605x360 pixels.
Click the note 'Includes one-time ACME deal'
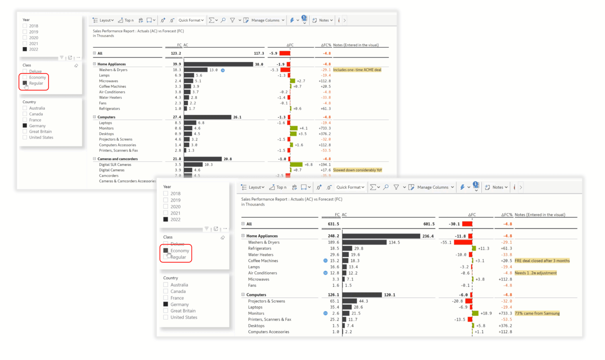(357, 70)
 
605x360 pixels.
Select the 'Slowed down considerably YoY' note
(357, 170)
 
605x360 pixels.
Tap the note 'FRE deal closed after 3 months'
(542, 261)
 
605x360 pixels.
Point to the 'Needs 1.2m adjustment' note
(536, 273)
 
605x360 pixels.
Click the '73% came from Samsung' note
(537, 314)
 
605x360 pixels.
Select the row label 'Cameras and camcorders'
(117, 159)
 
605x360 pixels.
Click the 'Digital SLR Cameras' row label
(115, 165)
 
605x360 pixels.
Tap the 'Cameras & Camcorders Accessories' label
(127, 181)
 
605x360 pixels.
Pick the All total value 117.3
(259, 53)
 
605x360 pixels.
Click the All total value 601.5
(429, 224)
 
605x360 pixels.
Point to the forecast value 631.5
(333, 224)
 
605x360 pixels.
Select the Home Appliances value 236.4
(428, 236)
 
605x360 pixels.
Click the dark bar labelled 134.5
(364, 242)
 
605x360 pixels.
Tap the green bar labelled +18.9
(475, 314)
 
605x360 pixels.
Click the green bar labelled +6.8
(296, 165)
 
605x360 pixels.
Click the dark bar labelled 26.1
(208, 117)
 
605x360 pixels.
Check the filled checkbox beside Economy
(166, 251)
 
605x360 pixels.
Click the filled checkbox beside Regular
(25, 83)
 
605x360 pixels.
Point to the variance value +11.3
(483, 249)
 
